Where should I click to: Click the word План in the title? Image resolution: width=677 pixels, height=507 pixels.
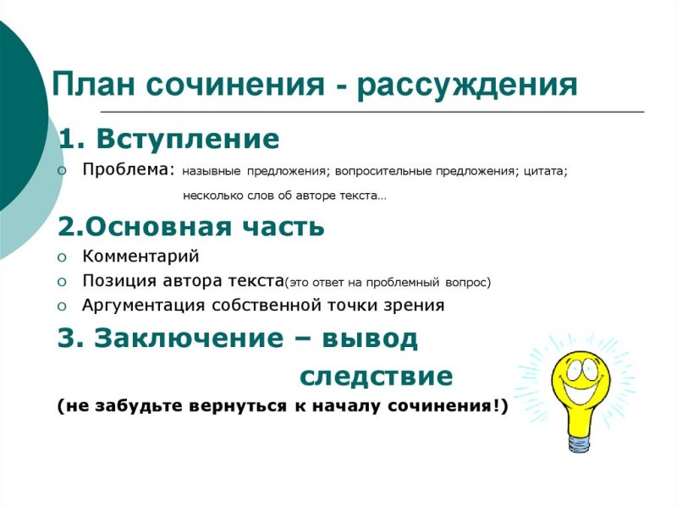(93, 85)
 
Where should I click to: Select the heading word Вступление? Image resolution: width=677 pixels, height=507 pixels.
(187, 139)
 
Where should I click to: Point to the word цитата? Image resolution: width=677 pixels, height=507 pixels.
(545, 171)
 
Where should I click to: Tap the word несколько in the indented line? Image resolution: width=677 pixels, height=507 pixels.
(212, 196)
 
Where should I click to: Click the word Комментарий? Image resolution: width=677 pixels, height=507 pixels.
(140, 256)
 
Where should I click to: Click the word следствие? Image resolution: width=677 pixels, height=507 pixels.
(377, 375)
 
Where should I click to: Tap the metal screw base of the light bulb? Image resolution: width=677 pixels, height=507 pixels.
(581, 440)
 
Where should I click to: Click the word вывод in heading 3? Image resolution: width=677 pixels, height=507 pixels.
(372, 339)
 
